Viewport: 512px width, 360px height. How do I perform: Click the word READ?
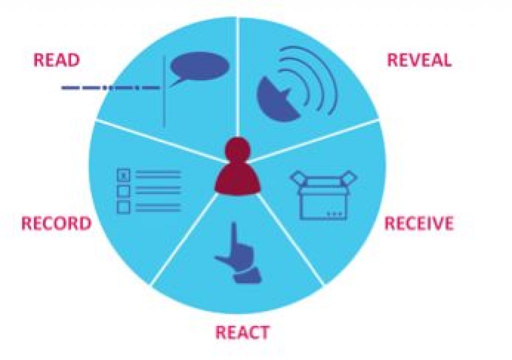tap(57, 60)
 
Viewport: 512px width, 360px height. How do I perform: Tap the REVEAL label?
tap(419, 60)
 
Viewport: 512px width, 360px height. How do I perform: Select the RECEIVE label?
tap(419, 223)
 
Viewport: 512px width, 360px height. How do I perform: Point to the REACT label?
tap(242, 332)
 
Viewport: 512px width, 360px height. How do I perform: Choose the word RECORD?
tap(56, 224)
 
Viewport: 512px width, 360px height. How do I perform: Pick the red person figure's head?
tap(238, 149)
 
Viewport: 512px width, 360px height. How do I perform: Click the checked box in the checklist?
tap(123, 175)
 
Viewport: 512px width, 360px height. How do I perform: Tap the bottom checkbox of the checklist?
tap(123, 207)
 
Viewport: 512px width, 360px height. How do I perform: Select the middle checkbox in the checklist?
tap(123, 191)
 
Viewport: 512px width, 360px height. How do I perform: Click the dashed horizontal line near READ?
tap(111, 87)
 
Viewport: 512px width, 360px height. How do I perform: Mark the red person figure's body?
tap(237, 179)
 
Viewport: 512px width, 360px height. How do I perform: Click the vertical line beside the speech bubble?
tap(164, 91)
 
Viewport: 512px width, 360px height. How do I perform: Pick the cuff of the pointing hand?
tap(248, 276)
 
